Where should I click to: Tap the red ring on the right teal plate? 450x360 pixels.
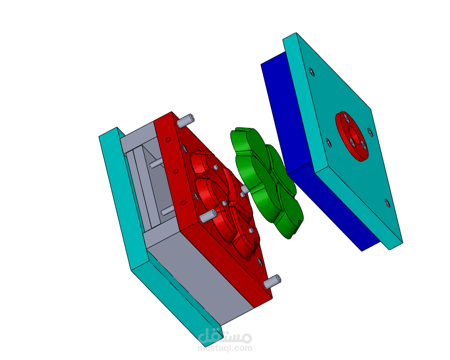352,136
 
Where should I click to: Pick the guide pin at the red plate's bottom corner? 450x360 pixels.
272,282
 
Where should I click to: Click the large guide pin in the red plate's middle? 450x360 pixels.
208,215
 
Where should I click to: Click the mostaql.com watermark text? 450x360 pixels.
225,348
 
